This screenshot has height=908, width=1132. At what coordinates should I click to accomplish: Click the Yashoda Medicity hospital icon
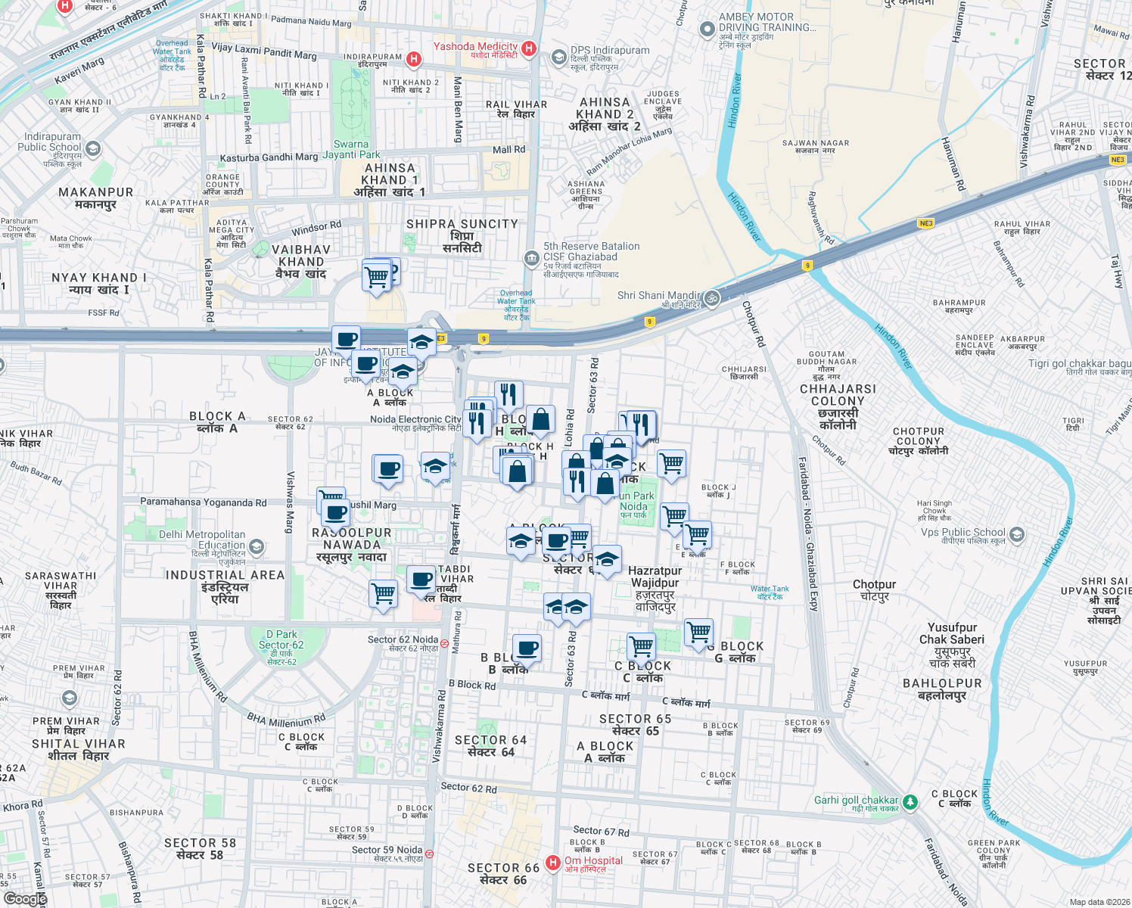pyautogui.click(x=529, y=48)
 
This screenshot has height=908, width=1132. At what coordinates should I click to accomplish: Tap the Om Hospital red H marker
pyautogui.click(x=553, y=862)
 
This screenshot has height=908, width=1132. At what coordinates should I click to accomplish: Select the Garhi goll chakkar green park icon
pyautogui.click(x=910, y=801)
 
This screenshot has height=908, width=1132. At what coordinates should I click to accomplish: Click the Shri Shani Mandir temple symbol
pyautogui.click(x=711, y=298)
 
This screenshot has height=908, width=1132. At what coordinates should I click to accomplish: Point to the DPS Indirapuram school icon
pyautogui.click(x=558, y=57)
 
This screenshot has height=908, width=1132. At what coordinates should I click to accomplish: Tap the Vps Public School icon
pyautogui.click(x=1016, y=534)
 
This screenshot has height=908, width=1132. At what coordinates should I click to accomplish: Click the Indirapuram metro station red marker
pyautogui.click(x=414, y=58)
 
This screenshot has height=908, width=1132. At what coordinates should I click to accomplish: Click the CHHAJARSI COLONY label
pyautogui.click(x=838, y=401)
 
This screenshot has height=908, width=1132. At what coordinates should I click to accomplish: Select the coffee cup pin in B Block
pyautogui.click(x=527, y=648)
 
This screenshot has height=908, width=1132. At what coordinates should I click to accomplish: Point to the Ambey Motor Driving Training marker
pyautogui.click(x=707, y=30)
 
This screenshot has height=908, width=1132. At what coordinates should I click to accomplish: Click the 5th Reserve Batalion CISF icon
pyautogui.click(x=532, y=258)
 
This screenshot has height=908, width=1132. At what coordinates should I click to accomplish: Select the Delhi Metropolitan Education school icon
pyautogui.click(x=257, y=546)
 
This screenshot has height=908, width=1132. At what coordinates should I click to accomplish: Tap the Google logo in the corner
pyautogui.click(x=25, y=898)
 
